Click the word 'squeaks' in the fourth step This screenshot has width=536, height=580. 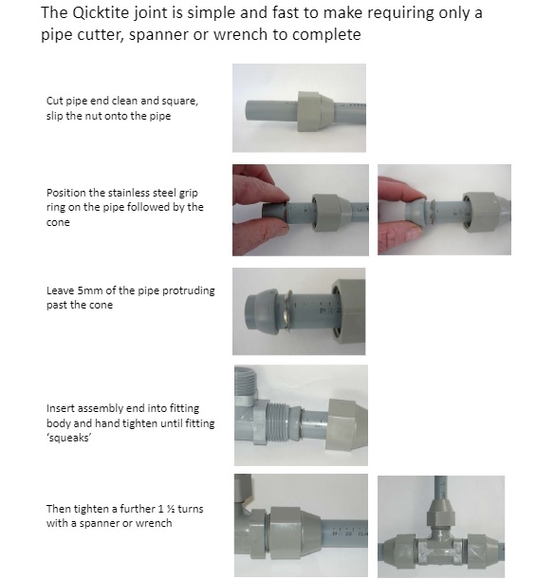click(69, 438)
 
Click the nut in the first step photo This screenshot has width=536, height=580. click(315, 111)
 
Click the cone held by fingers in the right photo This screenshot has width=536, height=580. click(416, 211)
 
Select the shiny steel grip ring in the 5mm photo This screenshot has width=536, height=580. click(286, 310)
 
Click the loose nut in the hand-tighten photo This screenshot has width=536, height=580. click(346, 424)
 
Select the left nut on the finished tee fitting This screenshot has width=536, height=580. click(399, 551)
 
